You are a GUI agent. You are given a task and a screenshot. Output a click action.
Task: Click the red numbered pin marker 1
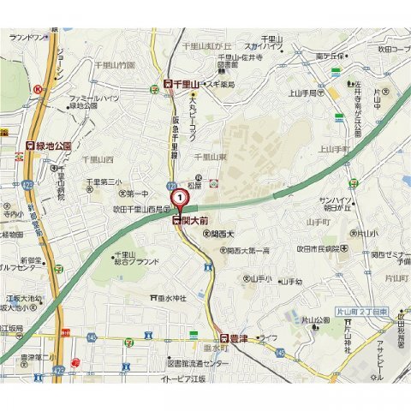180,198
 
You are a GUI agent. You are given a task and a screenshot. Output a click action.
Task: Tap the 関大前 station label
191,221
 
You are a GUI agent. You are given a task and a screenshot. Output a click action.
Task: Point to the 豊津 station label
236,338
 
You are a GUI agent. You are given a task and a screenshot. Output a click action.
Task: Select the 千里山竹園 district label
116,65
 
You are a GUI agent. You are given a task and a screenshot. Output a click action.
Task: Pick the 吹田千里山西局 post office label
140,208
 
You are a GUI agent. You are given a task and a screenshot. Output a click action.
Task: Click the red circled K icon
38,88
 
